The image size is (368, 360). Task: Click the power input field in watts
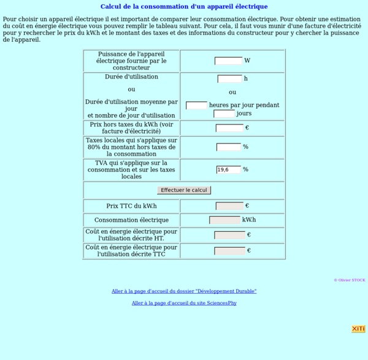[x=228, y=61]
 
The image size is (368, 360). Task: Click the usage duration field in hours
[x=229, y=79]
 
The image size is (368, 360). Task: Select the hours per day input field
[x=196, y=105]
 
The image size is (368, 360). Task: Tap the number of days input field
[x=224, y=113]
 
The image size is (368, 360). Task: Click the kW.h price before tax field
[x=229, y=128]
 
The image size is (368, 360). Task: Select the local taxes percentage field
[x=228, y=147]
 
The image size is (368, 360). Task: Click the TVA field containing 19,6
[x=228, y=169]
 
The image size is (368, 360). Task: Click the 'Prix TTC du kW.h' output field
[x=229, y=206]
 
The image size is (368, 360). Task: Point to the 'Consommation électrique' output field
[x=224, y=220]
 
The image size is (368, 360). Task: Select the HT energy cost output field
[x=229, y=235]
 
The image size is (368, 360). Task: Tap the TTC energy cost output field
[x=229, y=251]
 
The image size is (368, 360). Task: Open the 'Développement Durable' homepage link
[x=184, y=291]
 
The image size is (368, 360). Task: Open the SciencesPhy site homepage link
[x=184, y=303]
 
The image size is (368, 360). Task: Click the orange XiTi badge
[x=358, y=329]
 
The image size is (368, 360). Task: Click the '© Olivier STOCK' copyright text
[x=349, y=280]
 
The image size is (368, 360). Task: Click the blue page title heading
[x=184, y=7]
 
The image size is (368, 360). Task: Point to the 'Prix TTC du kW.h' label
[x=131, y=206]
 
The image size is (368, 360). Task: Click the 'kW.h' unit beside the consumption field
[x=249, y=220]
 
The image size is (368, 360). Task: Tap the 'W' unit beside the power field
[x=247, y=61]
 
